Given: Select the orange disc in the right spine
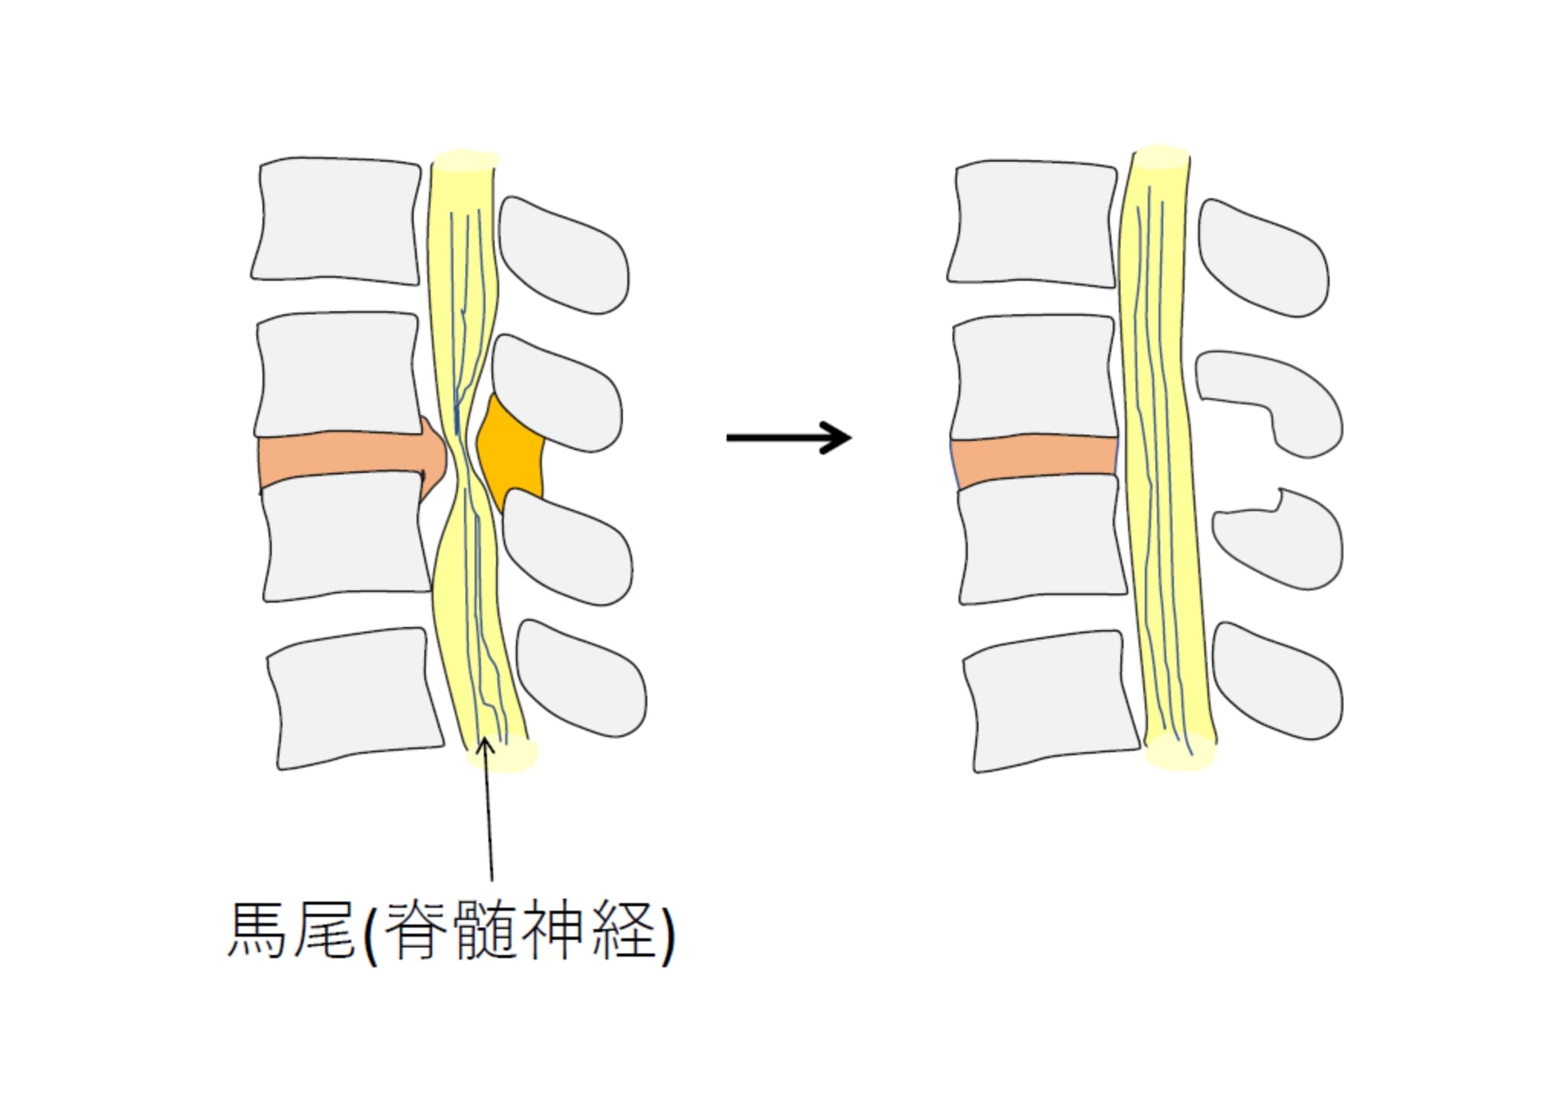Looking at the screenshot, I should pos(1034,461).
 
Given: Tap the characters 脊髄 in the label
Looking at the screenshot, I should pos(450,931).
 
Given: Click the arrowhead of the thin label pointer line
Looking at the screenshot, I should pos(484,746).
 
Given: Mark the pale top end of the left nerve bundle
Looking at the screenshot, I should pos(465,161).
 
